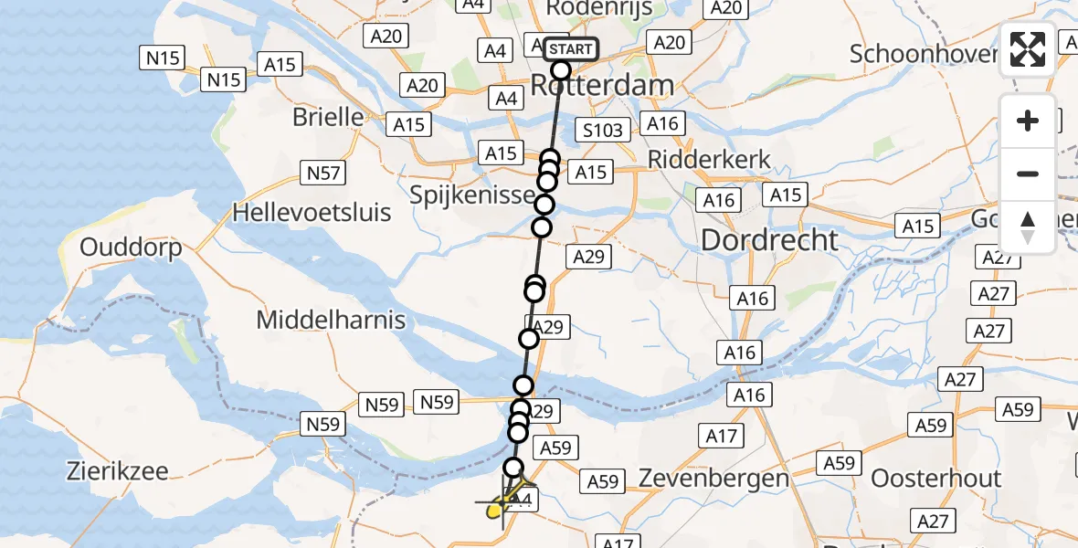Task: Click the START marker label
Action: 571,48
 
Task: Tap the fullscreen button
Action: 1028,49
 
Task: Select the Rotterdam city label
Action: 602,87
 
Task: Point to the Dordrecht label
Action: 769,240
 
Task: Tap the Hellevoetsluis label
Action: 312,213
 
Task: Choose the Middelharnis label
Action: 331,320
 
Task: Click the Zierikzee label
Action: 117,471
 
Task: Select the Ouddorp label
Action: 131,247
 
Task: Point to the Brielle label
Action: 328,117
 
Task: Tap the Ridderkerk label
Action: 709,159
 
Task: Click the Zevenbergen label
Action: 713,478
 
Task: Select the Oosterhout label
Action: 935,479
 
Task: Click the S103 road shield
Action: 603,130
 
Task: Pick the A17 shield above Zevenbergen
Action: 722,437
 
